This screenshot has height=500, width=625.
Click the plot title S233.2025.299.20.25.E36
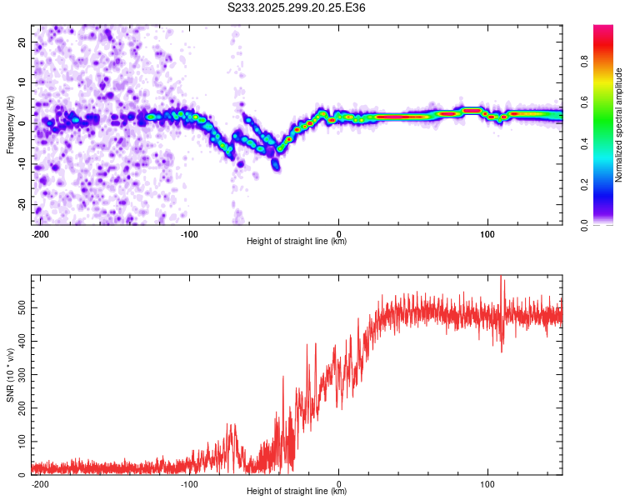click(x=297, y=7)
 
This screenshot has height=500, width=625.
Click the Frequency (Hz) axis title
click(x=10, y=125)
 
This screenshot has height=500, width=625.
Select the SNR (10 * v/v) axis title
click(x=10, y=375)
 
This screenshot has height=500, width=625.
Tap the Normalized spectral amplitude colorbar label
click(x=618, y=125)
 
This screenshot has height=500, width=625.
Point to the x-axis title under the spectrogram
click(x=297, y=241)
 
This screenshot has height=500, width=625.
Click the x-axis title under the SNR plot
click(x=297, y=491)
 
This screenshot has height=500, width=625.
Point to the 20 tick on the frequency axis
click(x=23, y=42)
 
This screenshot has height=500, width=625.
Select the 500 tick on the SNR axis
click(x=20, y=307)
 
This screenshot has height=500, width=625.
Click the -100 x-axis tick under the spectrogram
click(x=189, y=233)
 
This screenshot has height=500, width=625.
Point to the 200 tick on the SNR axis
click(x=20, y=408)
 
